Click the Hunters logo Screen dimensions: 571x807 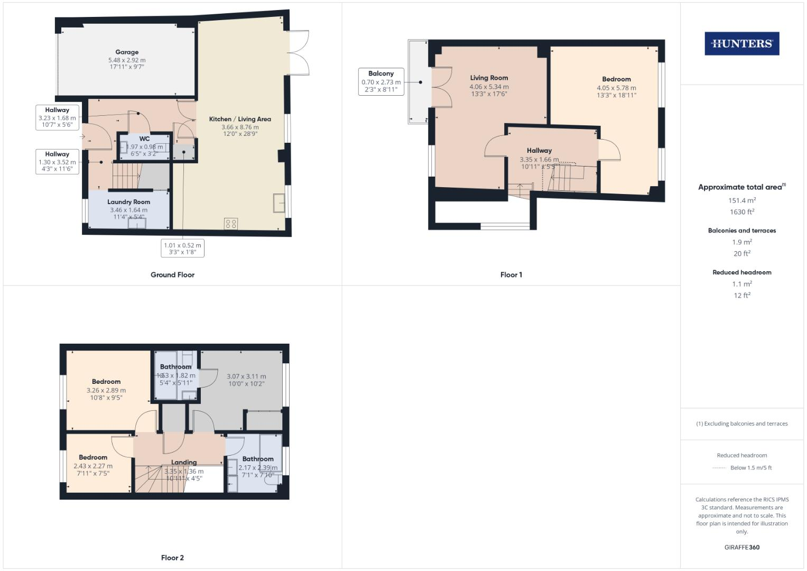point(741,44)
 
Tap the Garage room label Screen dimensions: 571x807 point(127,52)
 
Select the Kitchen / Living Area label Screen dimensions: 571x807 point(240,119)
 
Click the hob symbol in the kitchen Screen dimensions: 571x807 point(231,223)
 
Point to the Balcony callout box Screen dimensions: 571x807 point(381,81)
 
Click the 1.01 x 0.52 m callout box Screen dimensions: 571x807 point(182,248)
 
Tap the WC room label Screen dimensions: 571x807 point(144,139)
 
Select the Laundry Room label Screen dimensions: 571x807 point(128,202)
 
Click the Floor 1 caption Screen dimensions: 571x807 point(511,275)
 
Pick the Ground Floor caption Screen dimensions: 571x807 point(172,275)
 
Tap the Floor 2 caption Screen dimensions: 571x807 point(172,558)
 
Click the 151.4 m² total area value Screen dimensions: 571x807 point(741,200)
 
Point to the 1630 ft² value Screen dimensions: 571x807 point(741,212)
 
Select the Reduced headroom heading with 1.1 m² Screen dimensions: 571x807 point(741,272)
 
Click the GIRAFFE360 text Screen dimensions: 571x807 point(741,547)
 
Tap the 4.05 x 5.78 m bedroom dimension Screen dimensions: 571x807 point(616,88)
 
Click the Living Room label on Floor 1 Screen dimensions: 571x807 point(489,78)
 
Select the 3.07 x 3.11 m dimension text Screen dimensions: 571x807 point(246,376)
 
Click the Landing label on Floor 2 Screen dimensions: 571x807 point(183,462)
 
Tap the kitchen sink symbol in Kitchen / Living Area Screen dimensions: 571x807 point(279,202)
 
